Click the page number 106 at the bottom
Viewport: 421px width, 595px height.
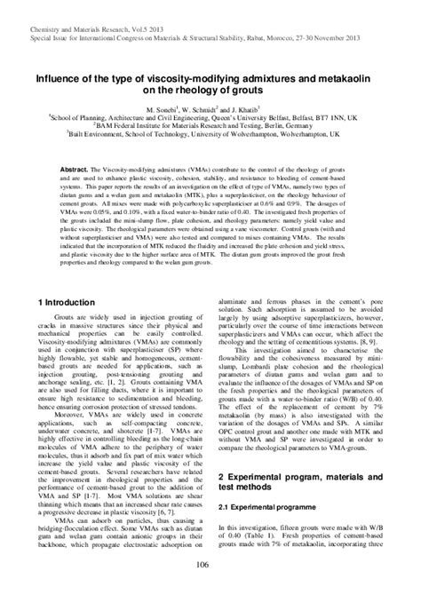210,566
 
